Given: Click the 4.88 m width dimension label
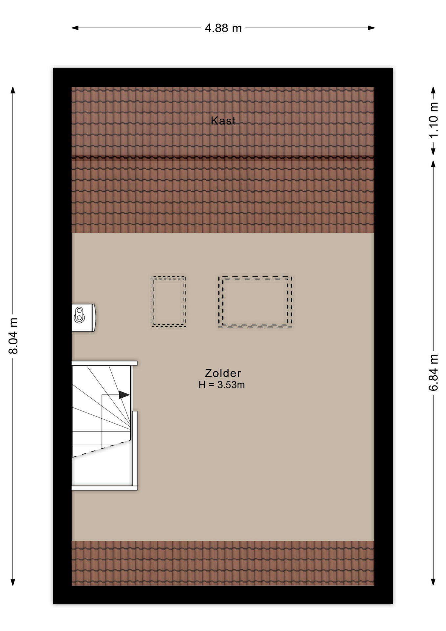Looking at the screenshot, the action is [x=223, y=28].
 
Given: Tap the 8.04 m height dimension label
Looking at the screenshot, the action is [x=13, y=336].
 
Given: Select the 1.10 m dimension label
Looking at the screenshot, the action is [x=434, y=120].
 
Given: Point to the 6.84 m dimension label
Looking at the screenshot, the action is [x=434, y=372].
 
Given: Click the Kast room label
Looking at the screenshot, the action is [x=223, y=121].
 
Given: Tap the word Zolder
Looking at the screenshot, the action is [x=223, y=373].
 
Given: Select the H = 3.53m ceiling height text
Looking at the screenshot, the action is [x=222, y=385].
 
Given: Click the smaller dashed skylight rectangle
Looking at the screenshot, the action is [x=169, y=277].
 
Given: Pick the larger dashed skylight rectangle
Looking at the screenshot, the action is [x=255, y=277].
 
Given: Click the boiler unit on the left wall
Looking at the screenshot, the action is [x=83, y=317].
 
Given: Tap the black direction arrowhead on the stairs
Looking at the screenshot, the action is [x=124, y=395].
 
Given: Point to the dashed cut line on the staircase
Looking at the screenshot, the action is [x=101, y=448].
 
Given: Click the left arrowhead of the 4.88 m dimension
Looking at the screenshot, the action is [x=75, y=28].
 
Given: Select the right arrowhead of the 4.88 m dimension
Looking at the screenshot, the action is [x=371, y=28].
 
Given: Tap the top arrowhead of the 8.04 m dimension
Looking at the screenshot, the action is [x=13, y=90].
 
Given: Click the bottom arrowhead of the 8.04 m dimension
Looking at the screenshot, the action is [x=13, y=582].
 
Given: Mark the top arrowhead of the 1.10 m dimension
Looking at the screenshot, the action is [x=434, y=90].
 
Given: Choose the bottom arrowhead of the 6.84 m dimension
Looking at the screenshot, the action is [x=434, y=582].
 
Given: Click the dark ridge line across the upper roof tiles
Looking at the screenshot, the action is [x=223, y=157].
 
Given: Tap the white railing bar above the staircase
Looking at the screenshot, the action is [x=104, y=363].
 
